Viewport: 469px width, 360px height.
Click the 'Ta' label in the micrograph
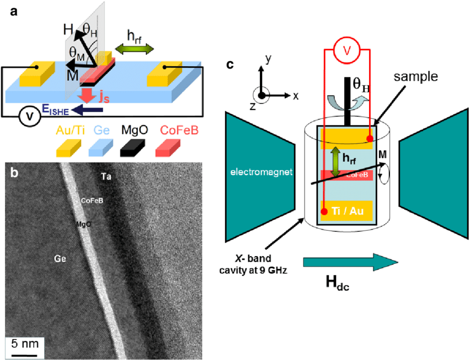click(x=107, y=177)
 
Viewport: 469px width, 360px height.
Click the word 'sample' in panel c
click(x=414, y=76)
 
